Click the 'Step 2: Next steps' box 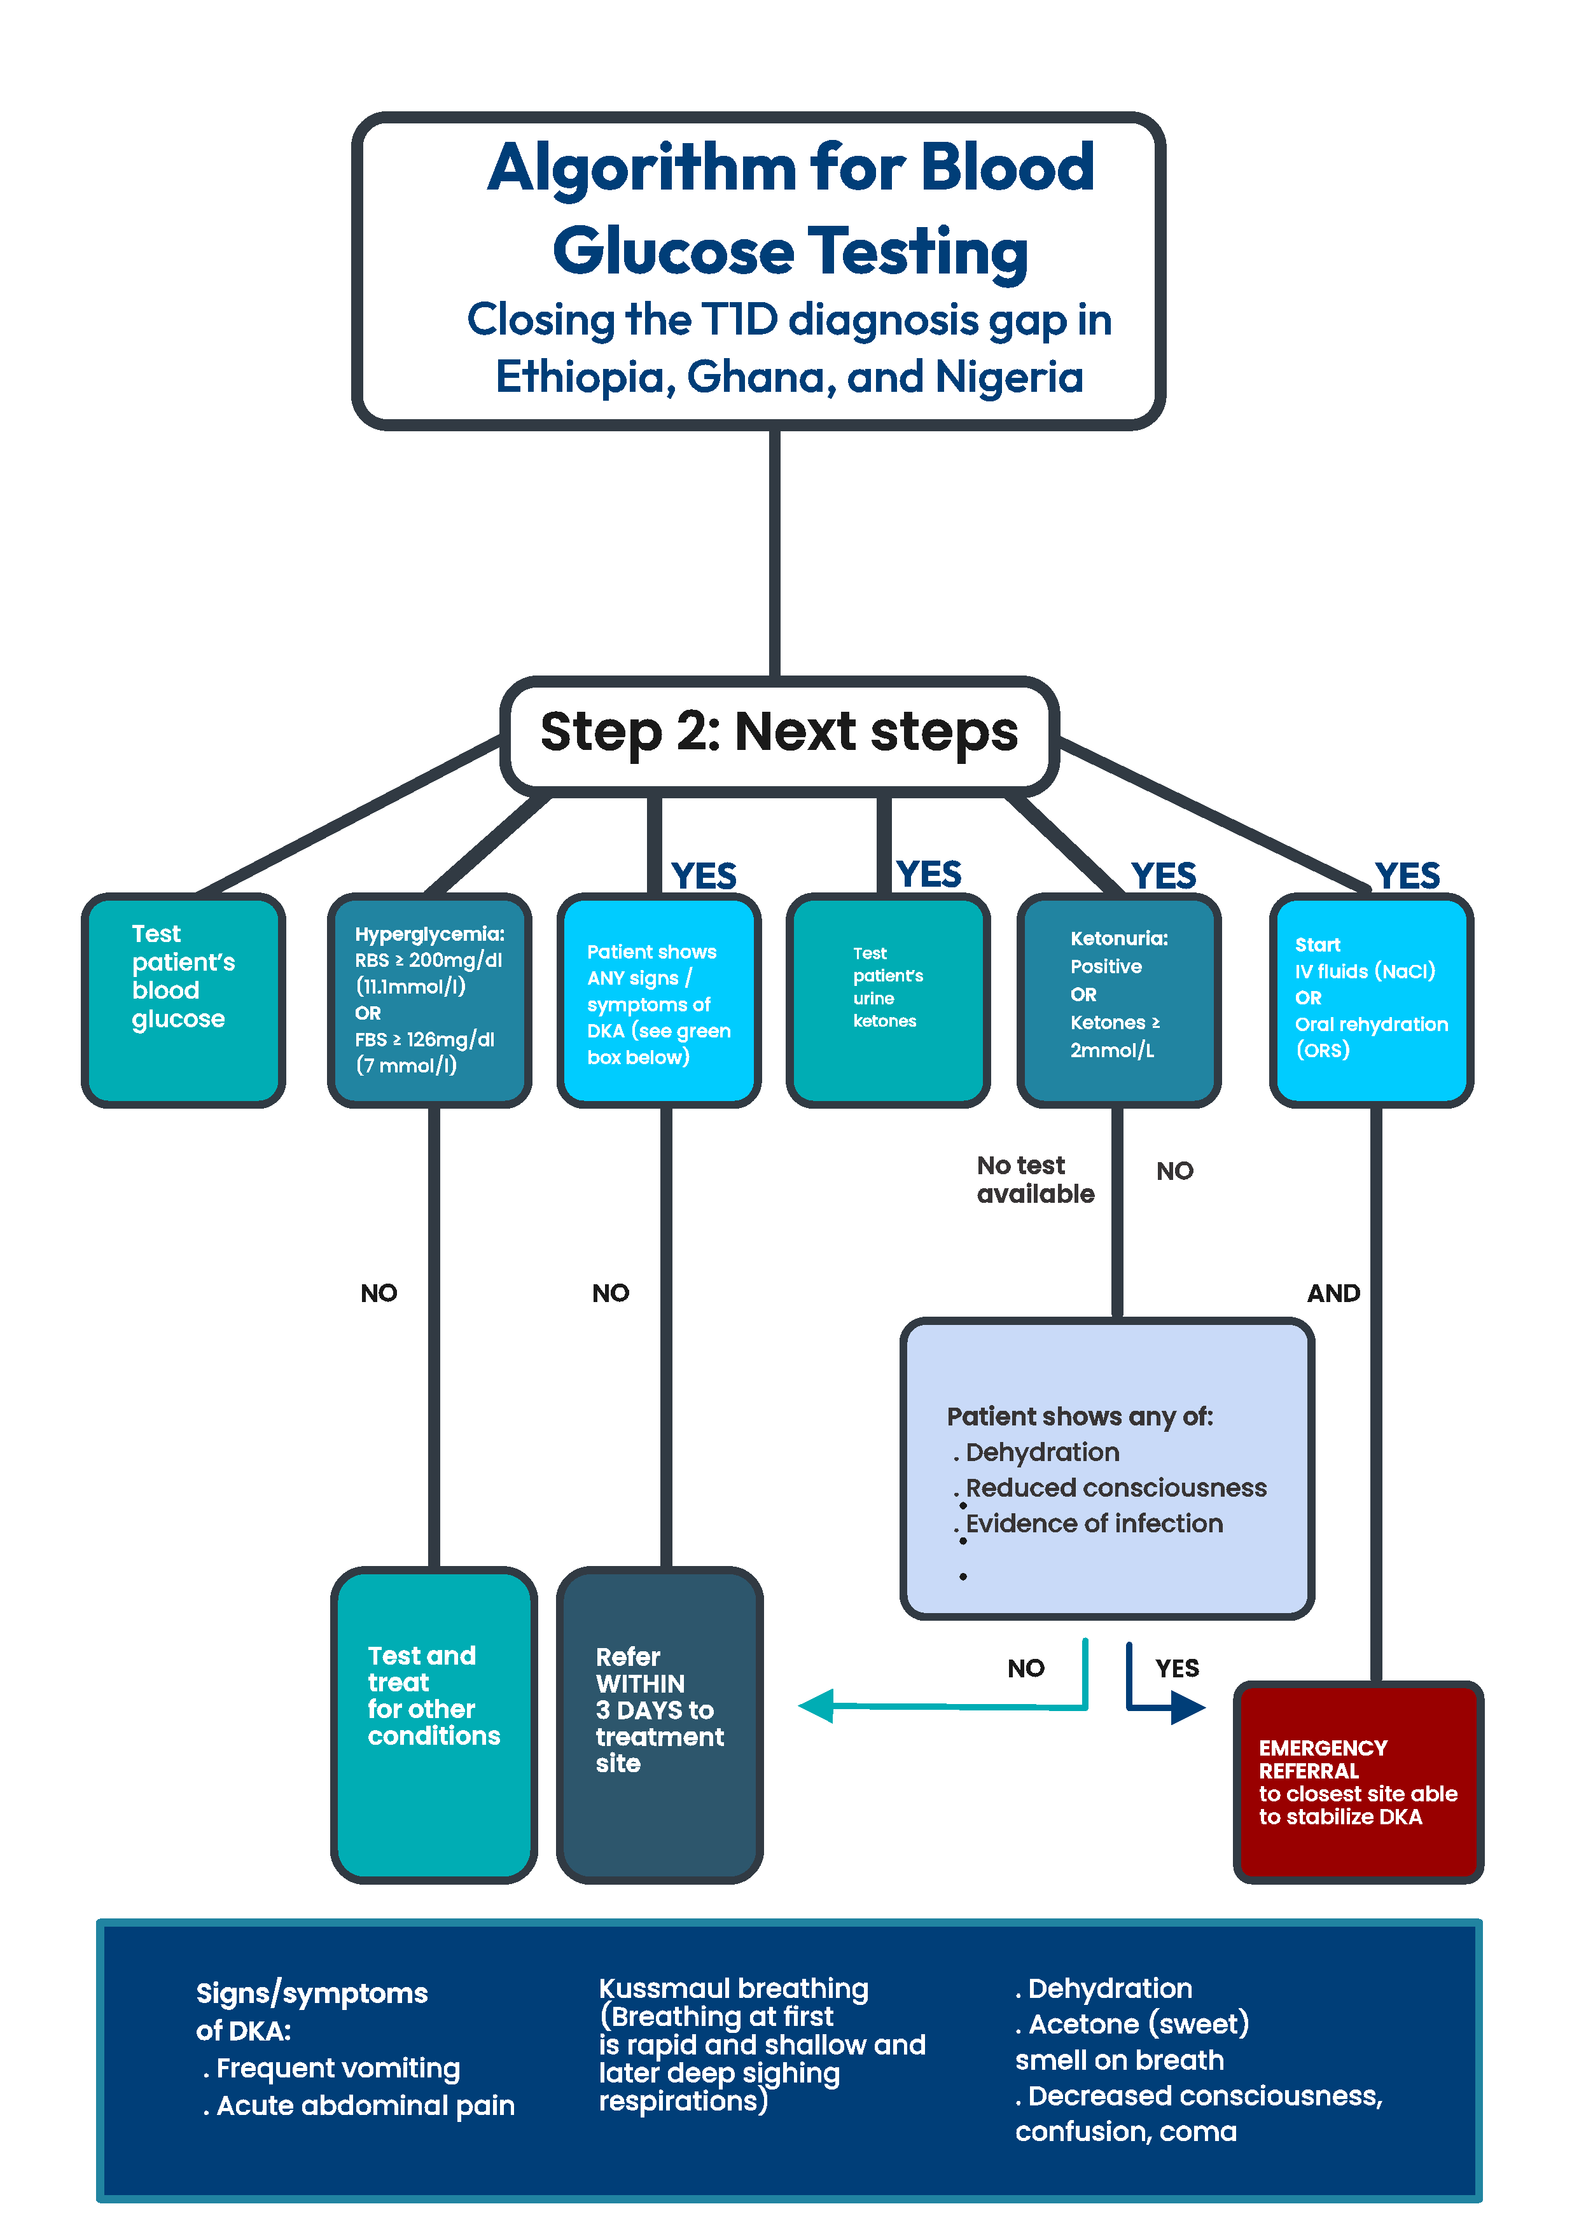pyautogui.click(x=779, y=732)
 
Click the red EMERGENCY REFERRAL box pyautogui.click(x=1358, y=1781)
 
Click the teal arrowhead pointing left pyautogui.click(x=817, y=1706)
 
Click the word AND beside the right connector pyautogui.click(x=1333, y=1293)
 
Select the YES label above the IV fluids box pyautogui.click(x=1407, y=876)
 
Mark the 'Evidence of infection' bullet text pyautogui.click(x=1094, y=1523)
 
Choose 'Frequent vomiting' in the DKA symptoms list pyautogui.click(x=337, y=2068)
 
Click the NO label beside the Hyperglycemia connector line pyautogui.click(x=379, y=1293)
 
